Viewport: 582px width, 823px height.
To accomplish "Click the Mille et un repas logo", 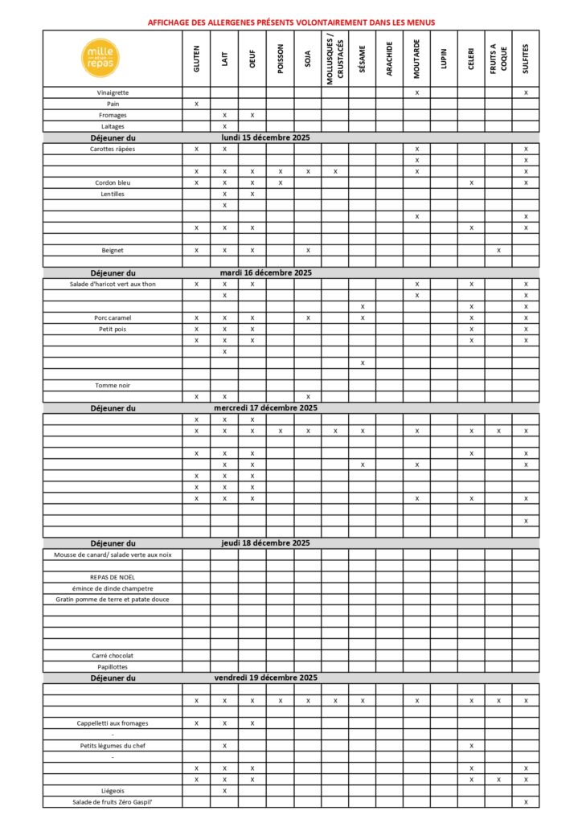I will (x=113, y=58).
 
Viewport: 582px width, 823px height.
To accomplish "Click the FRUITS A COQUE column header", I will (x=498, y=59).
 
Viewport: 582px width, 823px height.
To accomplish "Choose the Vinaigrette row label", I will (x=113, y=92).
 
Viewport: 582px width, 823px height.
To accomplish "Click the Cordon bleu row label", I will (x=113, y=182).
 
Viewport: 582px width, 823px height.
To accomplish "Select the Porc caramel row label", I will (x=113, y=317).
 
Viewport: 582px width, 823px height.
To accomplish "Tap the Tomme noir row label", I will (x=113, y=385).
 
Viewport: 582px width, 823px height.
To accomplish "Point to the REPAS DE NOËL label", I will (x=113, y=576).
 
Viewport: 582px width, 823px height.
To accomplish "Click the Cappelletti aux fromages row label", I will (x=113, y=723).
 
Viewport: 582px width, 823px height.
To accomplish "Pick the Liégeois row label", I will (x=113, y=790).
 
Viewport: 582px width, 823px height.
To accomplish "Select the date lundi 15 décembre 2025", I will (x=266, y=137).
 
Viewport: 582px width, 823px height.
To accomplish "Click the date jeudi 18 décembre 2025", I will (x=266, y=543).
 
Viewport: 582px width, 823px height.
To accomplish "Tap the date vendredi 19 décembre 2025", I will (x=266, y=678).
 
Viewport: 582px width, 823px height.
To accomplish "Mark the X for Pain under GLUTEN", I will (x=196, y=104).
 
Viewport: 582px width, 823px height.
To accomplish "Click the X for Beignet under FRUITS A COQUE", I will (x=498, y=250).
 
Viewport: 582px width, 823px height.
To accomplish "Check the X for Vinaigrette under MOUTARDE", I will (x=416, y=92).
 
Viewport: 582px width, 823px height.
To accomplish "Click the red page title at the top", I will (x=291, y=22).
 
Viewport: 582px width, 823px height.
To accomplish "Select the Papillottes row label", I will (x=113, y=666).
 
